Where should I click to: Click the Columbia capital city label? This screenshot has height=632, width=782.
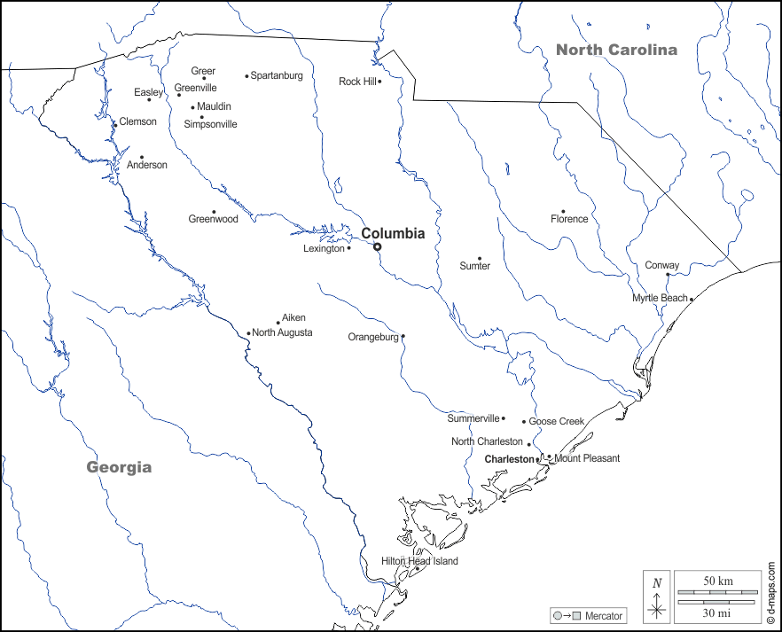coord(393,234)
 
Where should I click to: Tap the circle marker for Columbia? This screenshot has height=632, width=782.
coord(377,247)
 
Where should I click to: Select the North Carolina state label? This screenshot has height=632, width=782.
coord(616,50)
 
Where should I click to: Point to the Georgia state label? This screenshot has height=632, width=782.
coord(119,467)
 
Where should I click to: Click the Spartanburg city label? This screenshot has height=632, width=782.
coord(277,76)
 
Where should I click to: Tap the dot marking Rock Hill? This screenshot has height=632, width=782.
coord(379,82)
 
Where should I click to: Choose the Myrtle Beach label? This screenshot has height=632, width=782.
coord(660,298)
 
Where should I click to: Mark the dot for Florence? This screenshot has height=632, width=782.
coord(563,212)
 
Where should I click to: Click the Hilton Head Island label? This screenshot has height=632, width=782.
coord(419,561)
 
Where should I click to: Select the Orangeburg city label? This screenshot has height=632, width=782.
coord(373,337)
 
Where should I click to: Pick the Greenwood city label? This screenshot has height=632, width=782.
coord(213,219)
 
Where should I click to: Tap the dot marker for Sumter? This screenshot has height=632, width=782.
coord(480,259)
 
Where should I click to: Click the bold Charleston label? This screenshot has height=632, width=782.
coord(510,459)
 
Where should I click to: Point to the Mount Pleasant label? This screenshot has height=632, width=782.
coord(587,458)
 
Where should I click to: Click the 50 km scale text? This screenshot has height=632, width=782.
coord(718,581)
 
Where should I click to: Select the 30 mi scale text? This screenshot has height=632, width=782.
coord(718,612)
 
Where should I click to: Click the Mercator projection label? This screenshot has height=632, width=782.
coord(603,616)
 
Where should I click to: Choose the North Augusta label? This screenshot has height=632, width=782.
coord(282,333)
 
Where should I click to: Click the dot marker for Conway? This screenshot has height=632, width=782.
coord(668,275)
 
